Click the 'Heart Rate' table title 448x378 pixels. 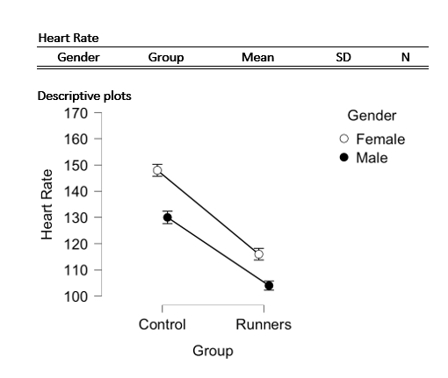click(x=68, y=39)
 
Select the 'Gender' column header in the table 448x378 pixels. click(x=78, y=58)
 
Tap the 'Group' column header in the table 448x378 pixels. click(x=165, y=58)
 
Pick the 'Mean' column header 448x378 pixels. click(x=257, y=58)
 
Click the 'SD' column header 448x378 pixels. click(x=344, y=58)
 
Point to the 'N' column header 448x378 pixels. click(x=405, y=58)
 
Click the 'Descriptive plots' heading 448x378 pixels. click(x=84, y=96)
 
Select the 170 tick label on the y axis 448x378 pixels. click(x=76, y=112)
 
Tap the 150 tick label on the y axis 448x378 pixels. click(x=76, y=165)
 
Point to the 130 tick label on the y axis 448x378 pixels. click(x=76, y=218)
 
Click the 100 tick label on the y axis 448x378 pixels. click(x=76, y=296)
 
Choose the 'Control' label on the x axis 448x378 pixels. click(x=163, y=325)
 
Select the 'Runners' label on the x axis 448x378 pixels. click(x=264, y=325)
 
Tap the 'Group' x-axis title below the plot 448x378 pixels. click(x=213, y=351)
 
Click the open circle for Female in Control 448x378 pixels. click(x=157, y=170)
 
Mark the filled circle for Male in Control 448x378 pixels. click(x=167, y=218)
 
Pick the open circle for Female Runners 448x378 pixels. click(x=258, y=254)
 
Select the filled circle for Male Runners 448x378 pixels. click(x=269, y=285)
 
